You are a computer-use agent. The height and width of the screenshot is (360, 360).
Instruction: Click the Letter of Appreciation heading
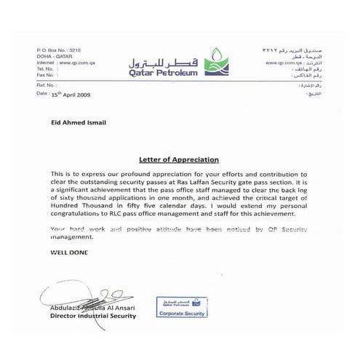(x=178, y=159)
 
